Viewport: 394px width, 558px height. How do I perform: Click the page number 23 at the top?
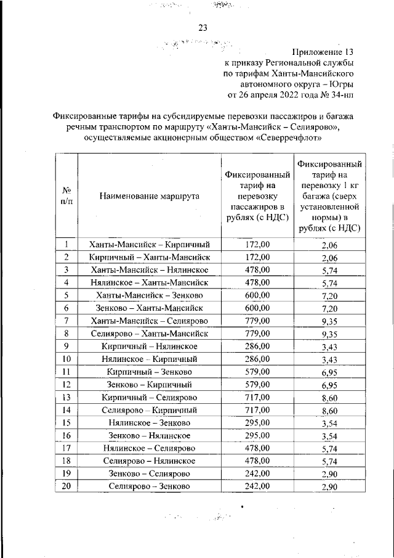point(203,27)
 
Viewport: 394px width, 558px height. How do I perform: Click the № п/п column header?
point(65,196)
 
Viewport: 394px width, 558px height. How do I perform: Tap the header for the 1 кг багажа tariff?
point(329,196)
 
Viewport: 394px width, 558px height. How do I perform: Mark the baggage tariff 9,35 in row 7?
point(329,321)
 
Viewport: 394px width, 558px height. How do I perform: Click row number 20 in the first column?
point(65,486)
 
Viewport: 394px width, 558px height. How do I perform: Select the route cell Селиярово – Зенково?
point(149,486)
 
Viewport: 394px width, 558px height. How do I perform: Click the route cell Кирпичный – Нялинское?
point(149,346)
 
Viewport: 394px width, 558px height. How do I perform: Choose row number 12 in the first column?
point(65,384)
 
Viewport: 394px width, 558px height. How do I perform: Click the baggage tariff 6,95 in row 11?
point(329,372)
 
